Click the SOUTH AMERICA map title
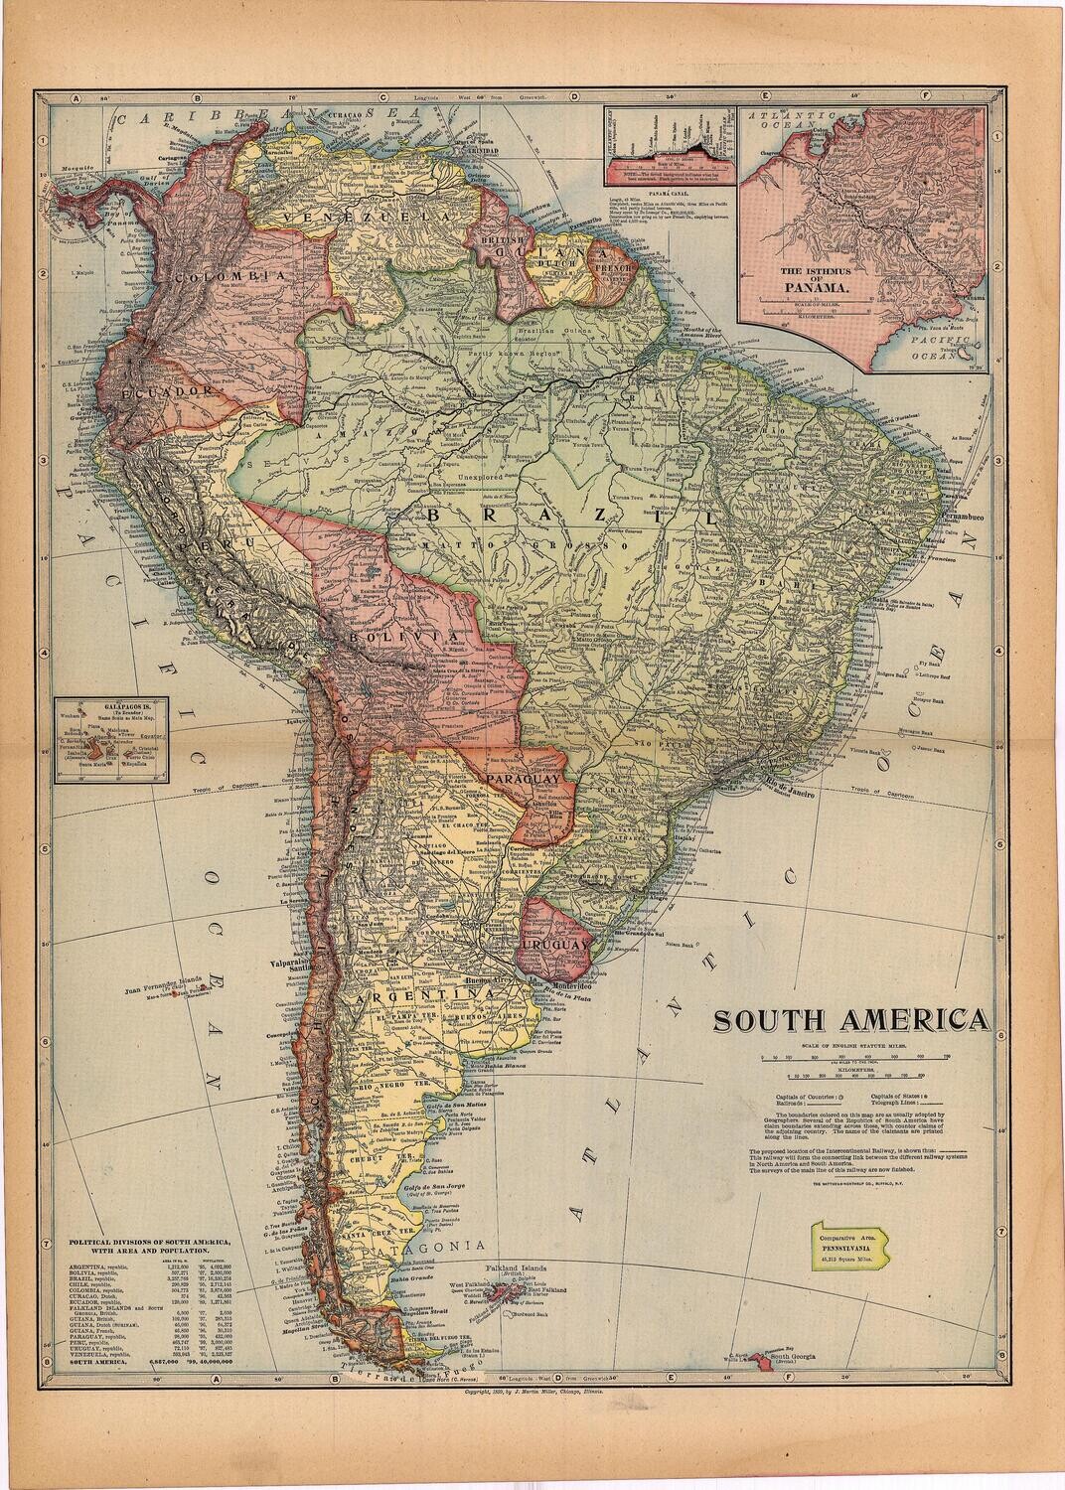[847, 1021]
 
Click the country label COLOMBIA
[223, 275]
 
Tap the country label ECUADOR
[170, 392]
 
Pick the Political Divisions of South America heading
[149, 1247]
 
